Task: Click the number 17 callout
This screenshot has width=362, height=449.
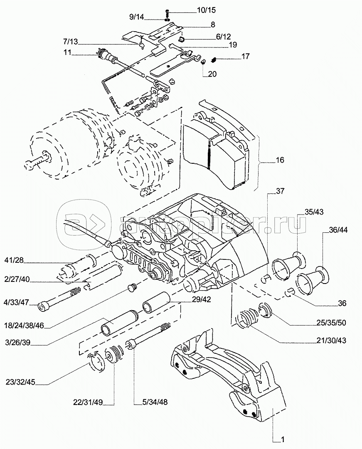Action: [x=246, y=56]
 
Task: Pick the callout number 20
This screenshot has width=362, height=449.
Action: [x=212, y=74]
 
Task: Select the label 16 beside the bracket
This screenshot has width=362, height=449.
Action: [x=280, y=160]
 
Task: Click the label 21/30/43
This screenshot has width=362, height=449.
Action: [x=330, y=340]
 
